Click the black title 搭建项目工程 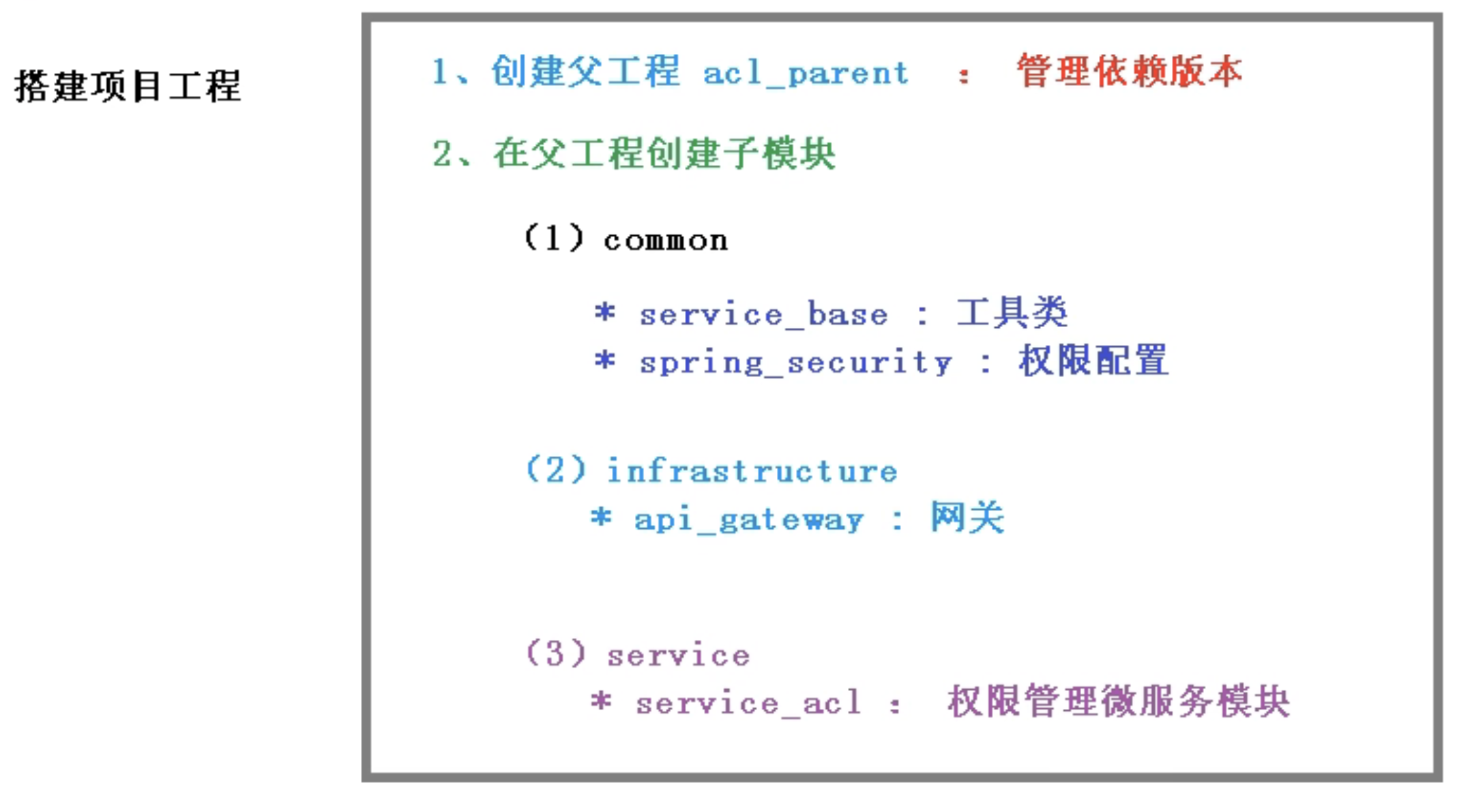tap(128, 87)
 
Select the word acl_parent tap(806, 73)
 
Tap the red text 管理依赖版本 tap(1129, 72)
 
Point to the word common tap(666, 241)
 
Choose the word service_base tap(763, 316)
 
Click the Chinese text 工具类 tap(1012, 314)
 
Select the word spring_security tap(795, 363)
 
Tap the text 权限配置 tap(1093, 361)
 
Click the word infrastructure tap(752, 472)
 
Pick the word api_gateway tap(749, 521)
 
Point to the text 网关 tap(967, 518)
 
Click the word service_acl tap(748, 703)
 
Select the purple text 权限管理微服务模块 tap(1119, 701)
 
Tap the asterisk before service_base tap(604, 313)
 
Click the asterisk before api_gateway tap(601, 517)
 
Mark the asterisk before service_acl tap(601, 701)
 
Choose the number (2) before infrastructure tap(555, 470)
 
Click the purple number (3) tap(555, 653)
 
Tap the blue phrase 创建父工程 tap(585, 72)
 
